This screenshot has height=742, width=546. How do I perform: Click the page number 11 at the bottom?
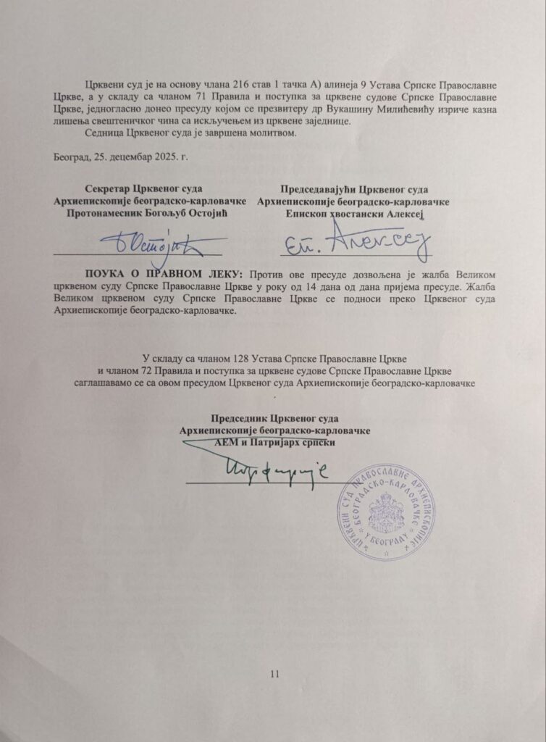click(273, 675)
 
